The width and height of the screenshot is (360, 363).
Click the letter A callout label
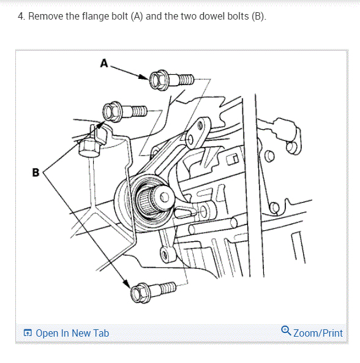[x=104, y=63]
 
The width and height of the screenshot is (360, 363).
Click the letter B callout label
[x=36, y=173]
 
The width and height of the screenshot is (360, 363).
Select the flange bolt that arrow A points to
[x=171, y=80]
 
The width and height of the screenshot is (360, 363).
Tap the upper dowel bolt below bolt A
[x=125, y=112]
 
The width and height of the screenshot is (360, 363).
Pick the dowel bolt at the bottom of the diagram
[x=153, y=292]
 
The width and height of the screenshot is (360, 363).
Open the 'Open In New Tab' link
[x=72, y=333]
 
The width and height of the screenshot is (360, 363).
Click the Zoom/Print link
[x=318, y=333]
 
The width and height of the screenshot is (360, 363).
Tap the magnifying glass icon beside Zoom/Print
[x=286, y=331]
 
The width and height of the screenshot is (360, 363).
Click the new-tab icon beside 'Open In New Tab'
[x=28, y=333]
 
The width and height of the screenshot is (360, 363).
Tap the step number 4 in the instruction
[x=21, y=17]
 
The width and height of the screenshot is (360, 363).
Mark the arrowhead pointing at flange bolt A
[x=144, y=77]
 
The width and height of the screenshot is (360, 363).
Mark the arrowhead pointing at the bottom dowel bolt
[x=127, y=284]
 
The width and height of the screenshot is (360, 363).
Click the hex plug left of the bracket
[x=89, y=148]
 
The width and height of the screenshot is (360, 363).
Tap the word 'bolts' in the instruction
[x=238, y=16]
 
